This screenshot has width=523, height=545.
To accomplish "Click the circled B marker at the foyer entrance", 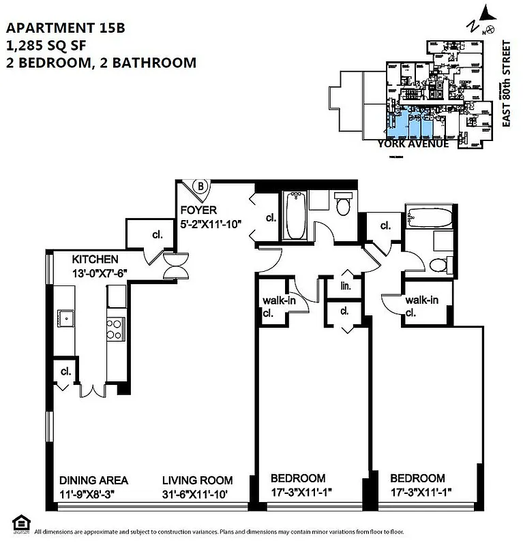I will [x=200, y=186].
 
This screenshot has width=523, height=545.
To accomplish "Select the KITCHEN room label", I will [x=96, y=260].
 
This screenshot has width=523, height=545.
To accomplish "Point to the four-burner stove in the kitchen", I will [x=115, y=330].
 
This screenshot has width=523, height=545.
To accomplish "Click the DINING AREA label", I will [x=93, y=479].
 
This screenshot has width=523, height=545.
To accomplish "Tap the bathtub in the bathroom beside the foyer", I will [x=295, y=217].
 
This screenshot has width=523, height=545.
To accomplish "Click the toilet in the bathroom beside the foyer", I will [x=342, y=205].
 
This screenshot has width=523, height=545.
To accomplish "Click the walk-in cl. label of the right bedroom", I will [x=421, y=307].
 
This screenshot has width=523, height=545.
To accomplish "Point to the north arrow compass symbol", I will [x=484, y=18].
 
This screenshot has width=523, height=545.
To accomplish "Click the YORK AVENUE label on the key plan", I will [x=413, y=144].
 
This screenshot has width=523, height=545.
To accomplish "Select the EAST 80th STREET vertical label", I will [x=506, y=83].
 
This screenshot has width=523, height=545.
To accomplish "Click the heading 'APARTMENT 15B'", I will [x=65, y=28].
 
